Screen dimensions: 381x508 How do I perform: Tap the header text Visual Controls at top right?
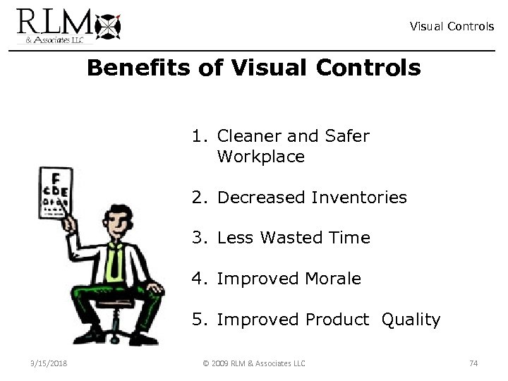[x=452, y=26]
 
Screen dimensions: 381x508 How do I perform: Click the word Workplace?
[x=261, y=156]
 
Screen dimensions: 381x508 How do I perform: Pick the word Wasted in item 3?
[x=293, y=238]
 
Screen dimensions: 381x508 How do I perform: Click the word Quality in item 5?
[x=411, y=319]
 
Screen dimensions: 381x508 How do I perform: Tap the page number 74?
[x=473, y=363]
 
